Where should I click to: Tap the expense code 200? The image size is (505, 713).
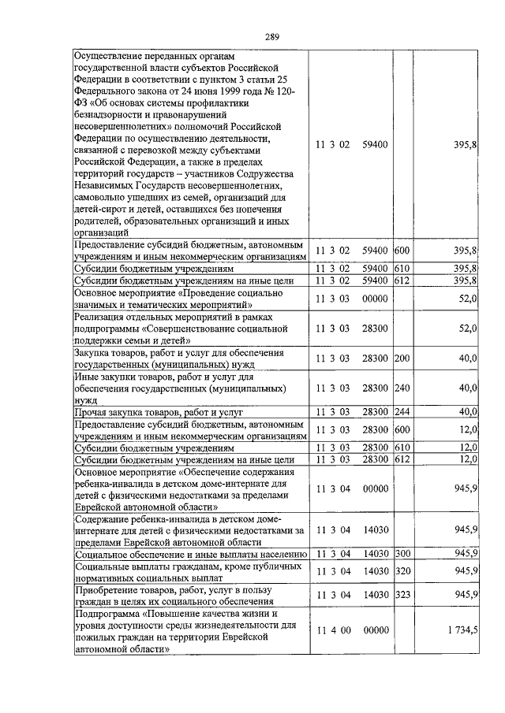[402, 358]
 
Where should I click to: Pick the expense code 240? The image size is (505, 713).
[402, 388]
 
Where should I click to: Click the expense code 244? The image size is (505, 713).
[402, 411]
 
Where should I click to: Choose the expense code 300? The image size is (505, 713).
[403, 554]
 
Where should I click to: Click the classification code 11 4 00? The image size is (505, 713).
[333, 630]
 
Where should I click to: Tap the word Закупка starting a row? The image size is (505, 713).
[93, 353]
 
